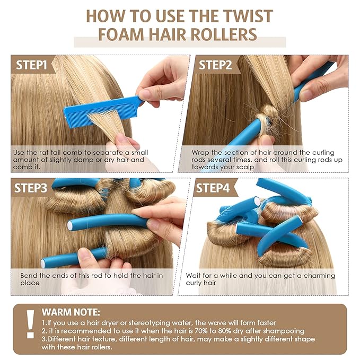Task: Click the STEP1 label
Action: (31, 65)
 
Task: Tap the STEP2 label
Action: (215, 65)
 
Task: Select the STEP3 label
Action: (31, 188)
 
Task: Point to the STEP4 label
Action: (213, 188)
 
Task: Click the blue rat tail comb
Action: (103, 111)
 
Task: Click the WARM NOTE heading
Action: (71, 312)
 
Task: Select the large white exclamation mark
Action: (30, 324)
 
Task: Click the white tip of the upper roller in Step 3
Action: (70, 225)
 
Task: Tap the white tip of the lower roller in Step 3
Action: (43, 264)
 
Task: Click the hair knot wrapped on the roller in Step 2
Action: (268, 116)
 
